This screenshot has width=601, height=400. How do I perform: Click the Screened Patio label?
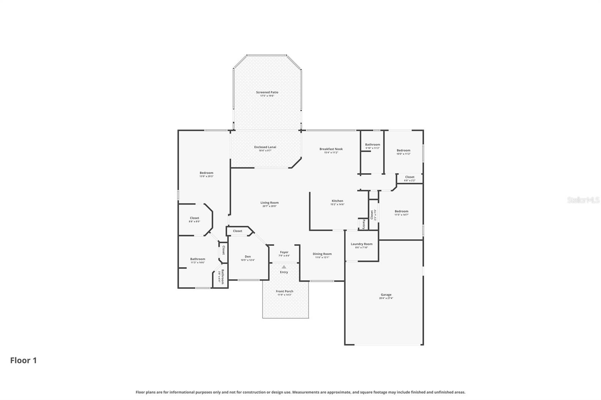[267, 92]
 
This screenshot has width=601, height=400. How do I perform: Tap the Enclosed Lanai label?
[265, 147]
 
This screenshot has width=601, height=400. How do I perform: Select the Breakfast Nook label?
[331, 149]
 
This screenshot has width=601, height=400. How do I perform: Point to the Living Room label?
[269, 203]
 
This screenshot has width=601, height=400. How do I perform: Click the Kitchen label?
[337, 201]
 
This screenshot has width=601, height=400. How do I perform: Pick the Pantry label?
[363, 224]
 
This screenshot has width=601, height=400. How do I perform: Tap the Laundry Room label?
[361, 244]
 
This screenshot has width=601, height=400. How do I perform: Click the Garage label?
[386, 295]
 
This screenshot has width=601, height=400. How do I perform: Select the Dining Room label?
[322, 254]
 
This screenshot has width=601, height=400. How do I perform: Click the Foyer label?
[284, 253]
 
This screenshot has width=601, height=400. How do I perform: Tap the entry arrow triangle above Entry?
[284, 267]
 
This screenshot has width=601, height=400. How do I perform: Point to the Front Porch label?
[284, 292]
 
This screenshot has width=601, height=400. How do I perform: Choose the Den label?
[248, 257]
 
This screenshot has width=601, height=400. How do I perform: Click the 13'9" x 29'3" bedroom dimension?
[206, 176]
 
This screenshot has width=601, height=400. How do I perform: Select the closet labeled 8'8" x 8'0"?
[194, 220]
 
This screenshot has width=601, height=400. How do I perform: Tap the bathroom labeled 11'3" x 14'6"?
[197, 260]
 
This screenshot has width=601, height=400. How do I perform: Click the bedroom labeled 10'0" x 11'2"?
[403, 152]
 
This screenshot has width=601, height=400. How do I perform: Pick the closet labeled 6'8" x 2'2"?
[409, 179]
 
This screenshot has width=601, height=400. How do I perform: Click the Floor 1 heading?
[23, 361]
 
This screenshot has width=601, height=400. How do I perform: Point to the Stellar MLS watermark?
[583, 200]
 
